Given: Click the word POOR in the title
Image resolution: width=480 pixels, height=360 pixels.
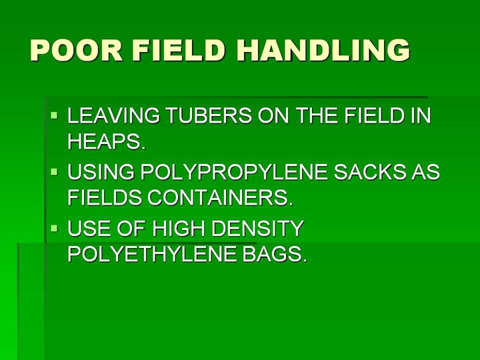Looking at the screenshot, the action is tap(77, 50).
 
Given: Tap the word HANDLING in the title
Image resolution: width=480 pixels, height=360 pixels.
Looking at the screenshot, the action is tap(323, 50).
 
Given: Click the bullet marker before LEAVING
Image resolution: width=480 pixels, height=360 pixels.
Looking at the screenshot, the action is tap(54, 115).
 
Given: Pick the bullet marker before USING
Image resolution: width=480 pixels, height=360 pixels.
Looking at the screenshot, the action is tap(54, 172).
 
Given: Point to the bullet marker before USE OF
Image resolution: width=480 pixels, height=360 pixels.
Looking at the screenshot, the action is tap(54, 228).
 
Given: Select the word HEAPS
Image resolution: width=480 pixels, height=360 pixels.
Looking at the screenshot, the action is tap(106, 141).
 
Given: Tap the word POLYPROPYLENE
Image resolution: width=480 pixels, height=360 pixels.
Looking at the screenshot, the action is tap(234, 172).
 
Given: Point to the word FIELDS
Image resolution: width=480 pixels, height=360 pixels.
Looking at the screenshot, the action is tap(105, 197).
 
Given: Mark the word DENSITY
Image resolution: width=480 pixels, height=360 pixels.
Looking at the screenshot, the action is tap(257, 228).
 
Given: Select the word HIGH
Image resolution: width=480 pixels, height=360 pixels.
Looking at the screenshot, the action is tap(179, 228).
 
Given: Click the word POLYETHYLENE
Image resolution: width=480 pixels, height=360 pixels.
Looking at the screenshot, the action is tap(152, 254).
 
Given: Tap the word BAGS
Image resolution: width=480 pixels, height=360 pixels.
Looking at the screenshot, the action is tap(275, 254).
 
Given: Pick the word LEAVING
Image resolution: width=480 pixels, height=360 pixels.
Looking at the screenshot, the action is tap(114, 115).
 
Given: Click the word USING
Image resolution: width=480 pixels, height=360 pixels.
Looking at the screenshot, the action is tap(101, 172).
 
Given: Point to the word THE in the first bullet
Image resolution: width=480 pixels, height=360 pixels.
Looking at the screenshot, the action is tap(317, 115).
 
